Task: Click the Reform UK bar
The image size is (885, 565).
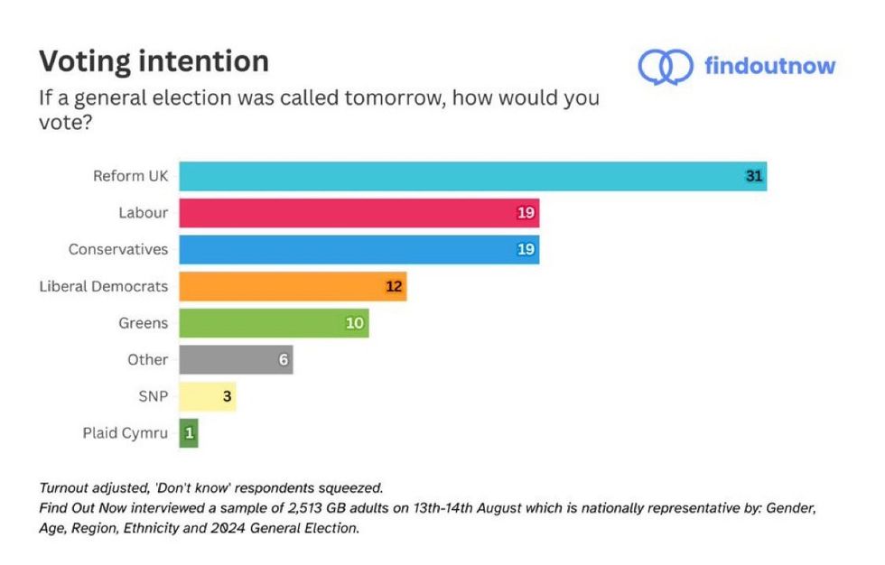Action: [470, 176]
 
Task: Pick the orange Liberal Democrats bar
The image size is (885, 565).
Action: [291, 286]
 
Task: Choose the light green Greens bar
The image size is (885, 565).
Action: [273, 322]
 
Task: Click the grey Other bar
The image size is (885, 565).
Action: [235, 359]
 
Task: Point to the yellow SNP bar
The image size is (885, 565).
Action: [207, 395]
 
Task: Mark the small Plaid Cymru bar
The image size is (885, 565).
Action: [189, 432]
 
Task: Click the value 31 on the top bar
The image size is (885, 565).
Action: [754, 176]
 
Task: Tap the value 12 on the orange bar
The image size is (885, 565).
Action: [394, 286]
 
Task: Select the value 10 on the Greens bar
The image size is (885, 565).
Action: [356, 322]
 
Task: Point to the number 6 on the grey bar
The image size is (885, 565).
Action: [283, 359]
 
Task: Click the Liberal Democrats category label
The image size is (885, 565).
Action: [103, 286]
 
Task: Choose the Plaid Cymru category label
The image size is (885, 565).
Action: [125, 432]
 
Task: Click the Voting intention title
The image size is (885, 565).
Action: [154, 61]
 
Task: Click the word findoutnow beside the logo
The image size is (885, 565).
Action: [769, 66]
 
